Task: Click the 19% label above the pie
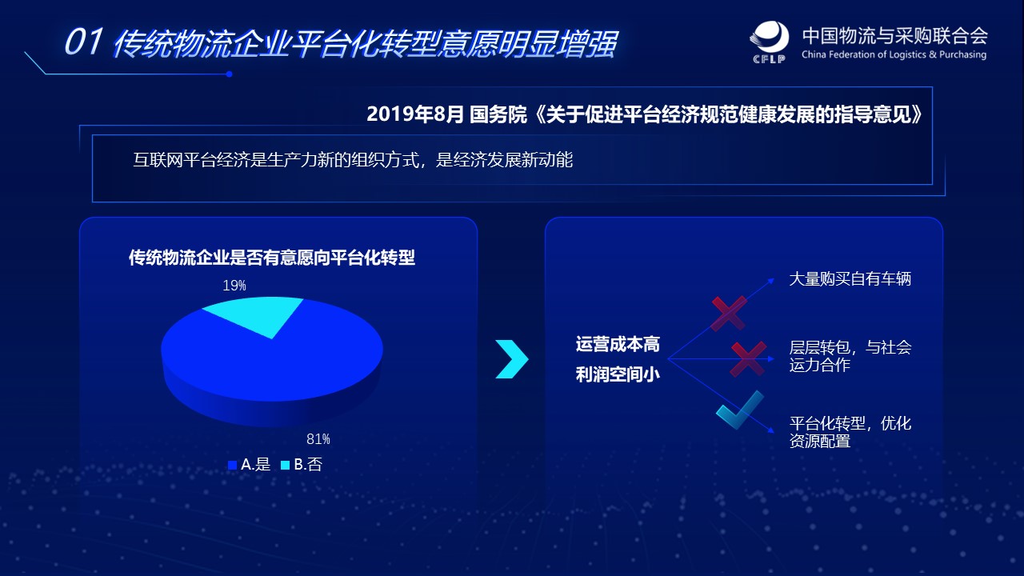tap(234, 286)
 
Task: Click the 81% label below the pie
tap(318, 439)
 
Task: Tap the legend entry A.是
tap(250, 465)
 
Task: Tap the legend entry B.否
tap(302, 465)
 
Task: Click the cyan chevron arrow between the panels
tap(513, 359)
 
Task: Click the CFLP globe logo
tap(770, 41)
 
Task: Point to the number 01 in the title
tap(84, 42)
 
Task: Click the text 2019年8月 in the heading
tap(415, 114)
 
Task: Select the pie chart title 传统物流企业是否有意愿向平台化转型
tap(272, 258)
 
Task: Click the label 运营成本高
tap(618, 344)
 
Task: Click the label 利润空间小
tap(618, 374)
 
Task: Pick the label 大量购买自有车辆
tap(850, 279)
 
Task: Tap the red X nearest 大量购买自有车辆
tap(729, 314)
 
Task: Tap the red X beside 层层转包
tap(748, 359)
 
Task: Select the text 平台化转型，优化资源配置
tap(850, 432)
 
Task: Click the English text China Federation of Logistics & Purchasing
tap(894, 55)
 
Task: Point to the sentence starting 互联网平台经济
tap(353, 160)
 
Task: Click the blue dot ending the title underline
tap(229, 74)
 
